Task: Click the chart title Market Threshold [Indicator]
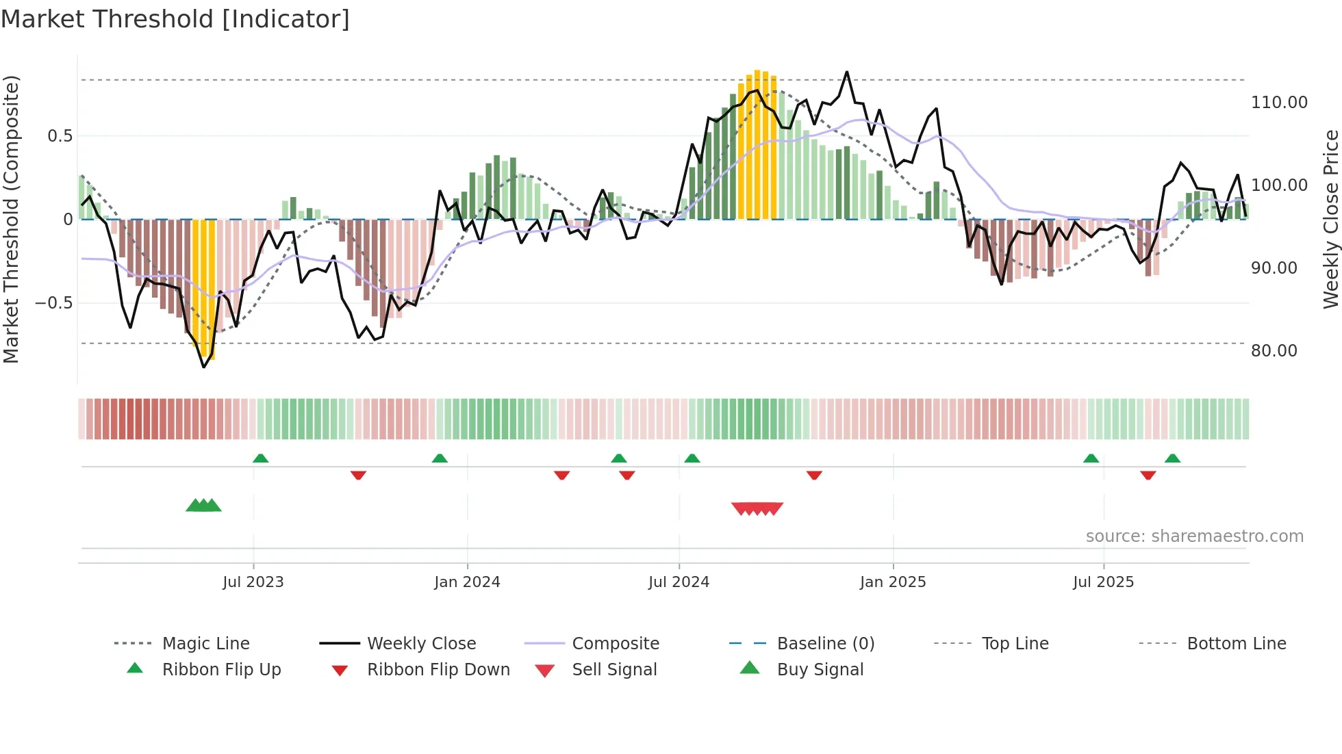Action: pos(175,19)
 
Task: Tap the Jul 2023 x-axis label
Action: pos(253,582)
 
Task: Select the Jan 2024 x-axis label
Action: pos(467,582)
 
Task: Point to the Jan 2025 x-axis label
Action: pos(893,582)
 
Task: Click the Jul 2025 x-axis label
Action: pos(1103,582)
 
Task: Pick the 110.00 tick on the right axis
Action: pos(1278,103)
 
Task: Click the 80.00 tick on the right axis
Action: pos(1274,351)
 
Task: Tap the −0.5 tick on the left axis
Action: pos(54,303)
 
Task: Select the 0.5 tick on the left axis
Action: pos(60,136)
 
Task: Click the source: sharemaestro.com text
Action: pos(1194,536)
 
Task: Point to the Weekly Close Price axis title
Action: pos(1330,219)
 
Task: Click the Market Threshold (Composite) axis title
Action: pos(11,219)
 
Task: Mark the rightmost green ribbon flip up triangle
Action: pos(1172,458)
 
